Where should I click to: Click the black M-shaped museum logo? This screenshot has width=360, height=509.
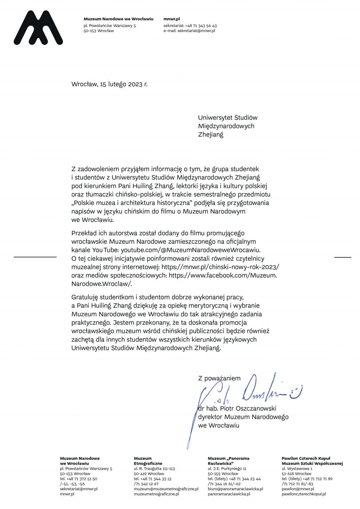click(38, 28)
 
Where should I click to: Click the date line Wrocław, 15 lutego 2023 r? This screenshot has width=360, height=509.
click(109, 84)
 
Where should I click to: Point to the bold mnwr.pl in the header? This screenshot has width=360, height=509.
click(172, 19)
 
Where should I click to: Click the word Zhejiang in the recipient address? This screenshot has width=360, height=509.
click(211, 134)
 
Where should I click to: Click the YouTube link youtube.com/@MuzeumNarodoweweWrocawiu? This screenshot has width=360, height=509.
click(186, 250)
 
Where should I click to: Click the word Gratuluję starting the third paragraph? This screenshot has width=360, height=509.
click(85, 297)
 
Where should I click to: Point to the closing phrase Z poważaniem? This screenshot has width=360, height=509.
click(219, 379)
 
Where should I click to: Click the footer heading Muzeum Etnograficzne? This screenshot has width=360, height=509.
click(148, 461)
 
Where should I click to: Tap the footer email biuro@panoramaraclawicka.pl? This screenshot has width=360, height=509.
click(235, 489)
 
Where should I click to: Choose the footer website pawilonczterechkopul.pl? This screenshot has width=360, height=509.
click(303, 494)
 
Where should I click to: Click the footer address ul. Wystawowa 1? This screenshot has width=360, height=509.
click(297, 469)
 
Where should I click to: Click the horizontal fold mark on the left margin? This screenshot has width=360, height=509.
click(35, 257)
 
